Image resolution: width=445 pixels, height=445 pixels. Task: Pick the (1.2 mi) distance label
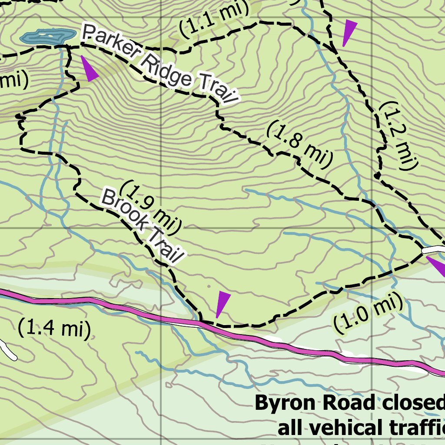pyautogui.click(x=398, y=135)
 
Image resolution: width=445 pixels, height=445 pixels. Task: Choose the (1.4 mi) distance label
pyautogui.click(x=54, y=328)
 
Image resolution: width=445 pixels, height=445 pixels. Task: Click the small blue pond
pyautogui.click(x=46, y=36)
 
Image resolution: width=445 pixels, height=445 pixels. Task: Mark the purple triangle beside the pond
pyautogui.click(x=89, y=70)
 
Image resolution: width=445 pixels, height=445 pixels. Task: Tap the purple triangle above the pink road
pyautogui.click(x=222, y=304)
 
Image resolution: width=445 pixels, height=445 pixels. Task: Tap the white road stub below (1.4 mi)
pyautogui.click(x=9, y=350)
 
